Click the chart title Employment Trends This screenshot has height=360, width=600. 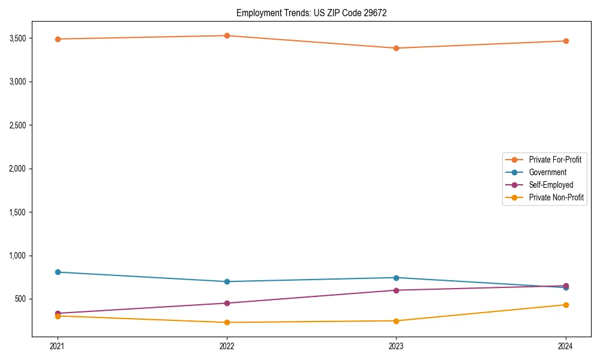tap(311, 13)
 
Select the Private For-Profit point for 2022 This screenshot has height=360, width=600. tap(227, 35)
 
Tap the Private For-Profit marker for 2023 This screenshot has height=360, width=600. tap(396, 48)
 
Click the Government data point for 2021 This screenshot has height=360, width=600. tap(58, 272)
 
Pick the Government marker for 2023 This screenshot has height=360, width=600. tap(396, 278)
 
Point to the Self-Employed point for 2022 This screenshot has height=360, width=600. tap(227, 303)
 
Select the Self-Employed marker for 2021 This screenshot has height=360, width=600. tap(58, 313)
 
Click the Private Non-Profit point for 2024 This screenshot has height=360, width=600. tap(566, 305)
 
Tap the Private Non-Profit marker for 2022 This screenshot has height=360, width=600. tap(227, 322)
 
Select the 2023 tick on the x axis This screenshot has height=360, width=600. tap(396, 346)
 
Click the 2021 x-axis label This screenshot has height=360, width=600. tap(58, 346)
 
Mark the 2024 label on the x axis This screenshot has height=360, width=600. tap(566, 346)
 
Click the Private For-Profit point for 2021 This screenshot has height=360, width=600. tap(58, 39)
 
